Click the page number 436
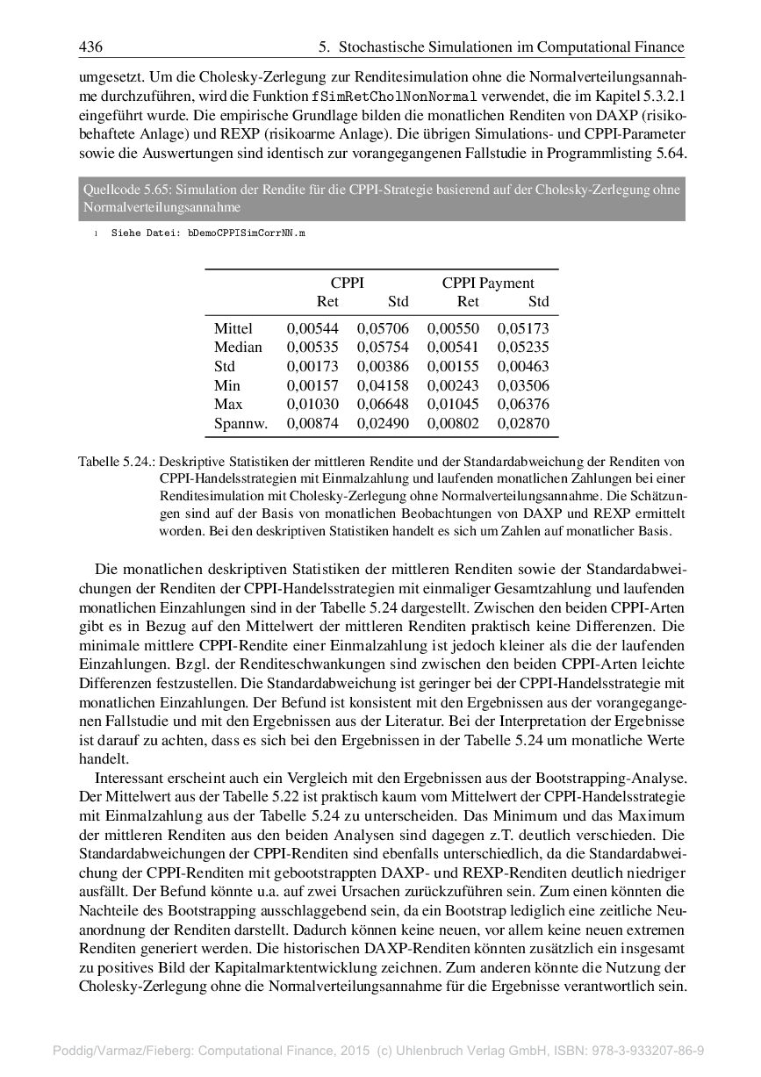click(90, 47)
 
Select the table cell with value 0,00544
click(312, 328)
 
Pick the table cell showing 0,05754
click(383, 347)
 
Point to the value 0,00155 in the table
click(453, 366)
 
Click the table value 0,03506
click(523, 385)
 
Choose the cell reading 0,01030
click(312, 405)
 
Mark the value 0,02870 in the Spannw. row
click(523, 424)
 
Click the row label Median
click(238, 347)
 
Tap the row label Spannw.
click(241, 424)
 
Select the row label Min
click(226, 385)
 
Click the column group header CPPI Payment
click(487, 283)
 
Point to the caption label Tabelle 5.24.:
click(117, 461)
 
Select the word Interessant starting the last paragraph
click(136, 779)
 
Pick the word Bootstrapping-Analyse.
click(611, 779)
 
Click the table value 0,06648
click(383, 405)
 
